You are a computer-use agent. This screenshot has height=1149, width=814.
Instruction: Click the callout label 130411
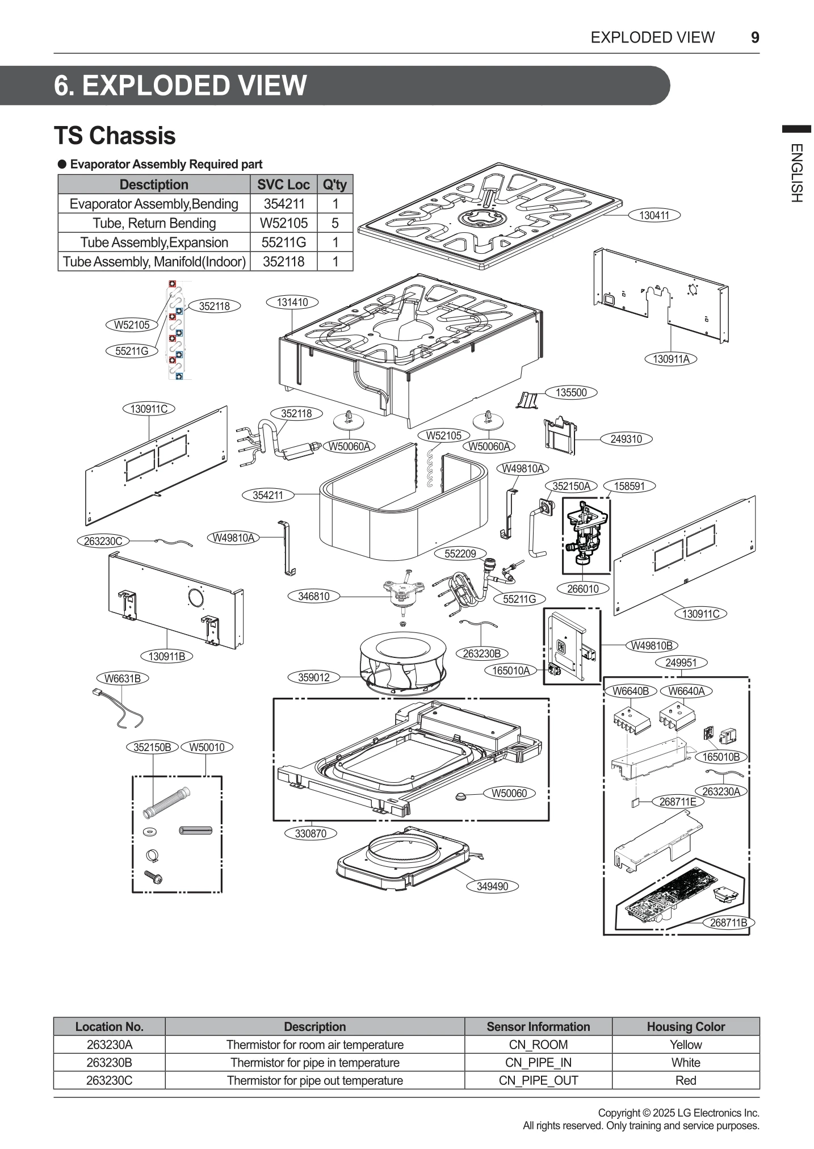click(654, 215)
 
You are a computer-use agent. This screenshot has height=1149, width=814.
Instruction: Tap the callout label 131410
click(292, 302)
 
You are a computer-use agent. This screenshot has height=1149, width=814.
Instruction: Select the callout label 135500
click(570, 392)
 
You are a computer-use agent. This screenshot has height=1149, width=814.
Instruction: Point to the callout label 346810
click(313, 596)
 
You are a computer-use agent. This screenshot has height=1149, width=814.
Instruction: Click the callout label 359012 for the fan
click(314, 677)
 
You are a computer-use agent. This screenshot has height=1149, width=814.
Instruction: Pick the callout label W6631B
click(122, 678)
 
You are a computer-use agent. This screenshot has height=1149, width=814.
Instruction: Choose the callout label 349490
click(492, 886)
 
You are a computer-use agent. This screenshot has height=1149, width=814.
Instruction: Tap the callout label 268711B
click(728, 922)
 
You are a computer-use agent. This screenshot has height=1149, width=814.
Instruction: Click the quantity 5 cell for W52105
click(335, 223)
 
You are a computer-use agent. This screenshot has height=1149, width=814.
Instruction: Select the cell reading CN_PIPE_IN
click(538, 1062)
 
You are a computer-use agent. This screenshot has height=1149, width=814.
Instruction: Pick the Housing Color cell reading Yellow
click(685, 1044)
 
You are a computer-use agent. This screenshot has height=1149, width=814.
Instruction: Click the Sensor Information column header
click(538, 1026)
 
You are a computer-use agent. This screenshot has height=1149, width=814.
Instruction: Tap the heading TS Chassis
click(115, 136)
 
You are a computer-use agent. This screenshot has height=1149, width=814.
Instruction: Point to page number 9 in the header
click(754, 37)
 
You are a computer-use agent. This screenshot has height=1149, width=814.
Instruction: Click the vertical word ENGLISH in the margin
click(796, 173)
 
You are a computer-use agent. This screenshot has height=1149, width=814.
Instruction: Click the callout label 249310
click(626, 439)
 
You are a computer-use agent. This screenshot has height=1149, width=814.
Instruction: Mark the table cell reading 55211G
click(283, 242)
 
